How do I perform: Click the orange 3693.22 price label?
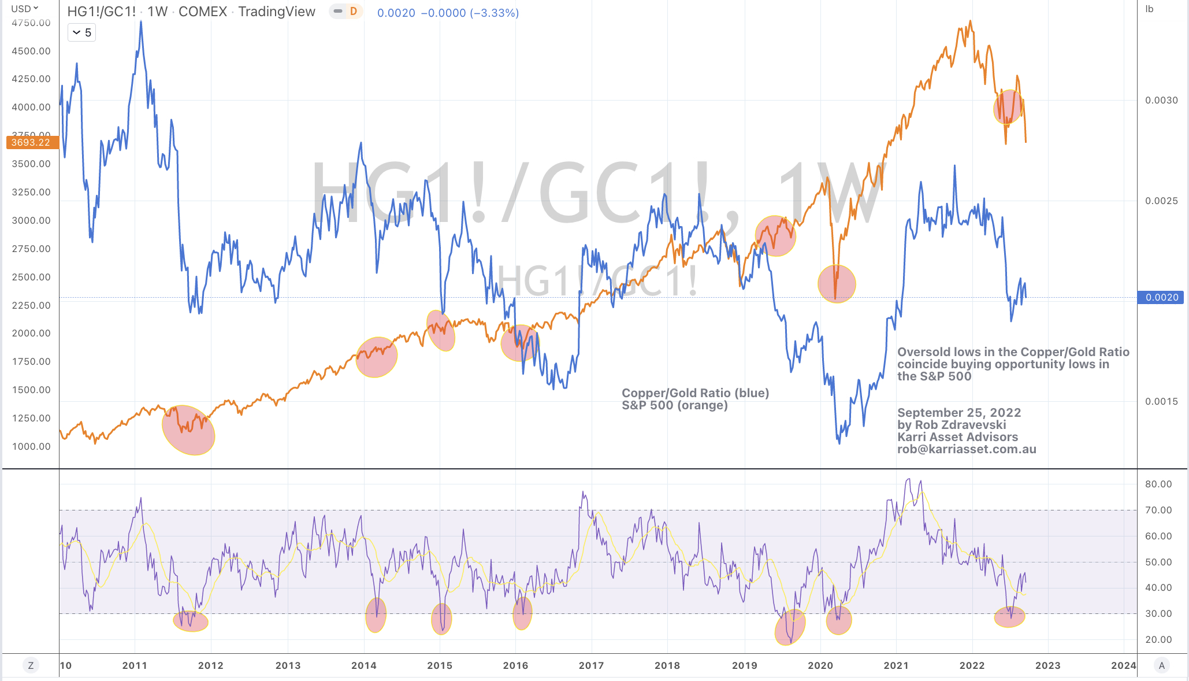click(32, 142)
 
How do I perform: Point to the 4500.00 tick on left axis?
click(31, 51)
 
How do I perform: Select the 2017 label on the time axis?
click(591, 665)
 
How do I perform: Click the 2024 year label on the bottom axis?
click(1123, 665)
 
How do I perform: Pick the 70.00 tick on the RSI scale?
click(1158, 510)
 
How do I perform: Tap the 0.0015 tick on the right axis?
click(1161, 401)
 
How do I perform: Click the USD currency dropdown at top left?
click(24, 9)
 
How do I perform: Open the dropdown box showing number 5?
click(81, 32)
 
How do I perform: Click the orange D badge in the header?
click(353, 12)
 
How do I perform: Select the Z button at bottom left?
click(31, 665)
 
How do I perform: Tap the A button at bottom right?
click(1161, 665)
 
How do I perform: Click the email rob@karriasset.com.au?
click(967, 449)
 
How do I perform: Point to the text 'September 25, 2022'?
click(959, 413)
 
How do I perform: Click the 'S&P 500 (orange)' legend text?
click(674, 405)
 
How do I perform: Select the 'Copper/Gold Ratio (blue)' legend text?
click(695, 393)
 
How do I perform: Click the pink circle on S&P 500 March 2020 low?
click(836, 283)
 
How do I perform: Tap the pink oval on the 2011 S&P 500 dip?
click(188, 430)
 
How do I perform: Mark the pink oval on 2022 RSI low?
click(1009, 617)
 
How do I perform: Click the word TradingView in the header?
click(277, 12)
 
